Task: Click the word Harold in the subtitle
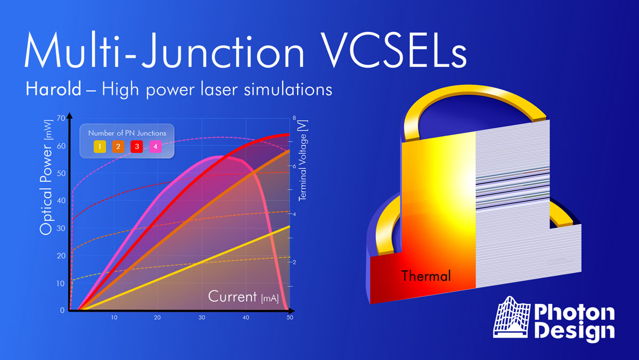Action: (x=53, y=89)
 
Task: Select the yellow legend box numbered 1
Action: (x=100, y=146)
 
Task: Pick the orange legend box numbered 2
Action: (x=118, y=146)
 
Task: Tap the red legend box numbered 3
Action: (x=137, y=146)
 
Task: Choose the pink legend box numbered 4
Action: (x=155, y=146)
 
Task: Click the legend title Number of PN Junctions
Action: (x=127, y=133)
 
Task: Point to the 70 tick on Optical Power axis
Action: (x=61, y=118)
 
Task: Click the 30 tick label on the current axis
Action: (x=202, y=317)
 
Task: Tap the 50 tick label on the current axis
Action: (x=290, y=317)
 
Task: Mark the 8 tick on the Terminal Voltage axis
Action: (x=294, y=118)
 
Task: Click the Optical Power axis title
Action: (x=46, y=177)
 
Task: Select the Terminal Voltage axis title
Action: (x=302, y=161)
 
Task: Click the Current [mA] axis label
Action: (x=243, y=297)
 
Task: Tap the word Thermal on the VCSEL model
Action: (x=426, y=276)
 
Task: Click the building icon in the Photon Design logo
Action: (x=512, y=317)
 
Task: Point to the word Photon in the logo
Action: (x=575, y=313)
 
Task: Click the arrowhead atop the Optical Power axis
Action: (x=70, y=116)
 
